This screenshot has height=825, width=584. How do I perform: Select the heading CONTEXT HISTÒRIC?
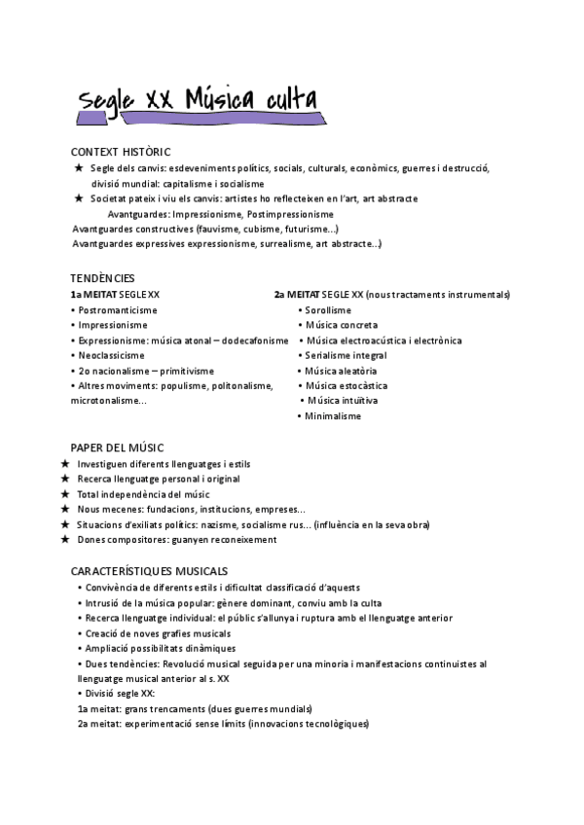(121, 152)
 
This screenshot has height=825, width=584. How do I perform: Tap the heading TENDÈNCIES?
(102, 278)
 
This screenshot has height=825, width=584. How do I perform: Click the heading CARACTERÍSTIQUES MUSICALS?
(149, 570)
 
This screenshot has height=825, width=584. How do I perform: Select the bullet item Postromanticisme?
(117, 309)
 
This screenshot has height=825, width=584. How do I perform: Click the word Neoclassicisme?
(113, 355)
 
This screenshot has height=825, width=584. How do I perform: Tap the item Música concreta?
(342, 325)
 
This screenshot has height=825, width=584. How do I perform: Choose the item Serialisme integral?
(346, 355)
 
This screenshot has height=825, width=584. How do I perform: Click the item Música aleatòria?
(341, 371)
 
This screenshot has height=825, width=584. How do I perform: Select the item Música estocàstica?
(346, 385)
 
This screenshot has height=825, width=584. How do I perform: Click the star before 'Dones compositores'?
(64, 539)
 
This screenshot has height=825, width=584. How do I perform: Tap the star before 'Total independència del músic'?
(64, 494)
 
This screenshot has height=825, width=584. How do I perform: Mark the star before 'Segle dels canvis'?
(79, 168)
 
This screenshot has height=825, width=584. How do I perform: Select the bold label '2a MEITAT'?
(296, 294)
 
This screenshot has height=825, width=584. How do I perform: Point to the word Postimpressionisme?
(291, 213)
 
